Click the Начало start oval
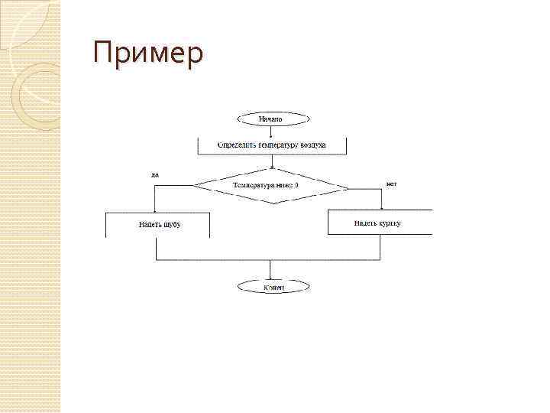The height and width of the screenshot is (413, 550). click(x=273, y=119)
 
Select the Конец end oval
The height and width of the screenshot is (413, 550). click(x=273, y=287)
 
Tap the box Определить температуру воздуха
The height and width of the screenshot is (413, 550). click(x=272, y=145)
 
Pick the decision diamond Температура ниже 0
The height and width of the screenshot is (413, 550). click(x=270, y=186)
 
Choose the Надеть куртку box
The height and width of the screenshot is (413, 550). click(x=380, y=223)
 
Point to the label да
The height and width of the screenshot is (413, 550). click(x=155, y=174)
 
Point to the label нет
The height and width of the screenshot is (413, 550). click(x=391, y=184)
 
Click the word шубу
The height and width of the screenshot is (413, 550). click(x=171, y=225)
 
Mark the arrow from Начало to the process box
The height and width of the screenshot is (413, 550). click(x=273, y=132)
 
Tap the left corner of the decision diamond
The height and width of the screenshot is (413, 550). click(x=195, y=186)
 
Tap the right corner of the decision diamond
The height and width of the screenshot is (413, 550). click(x=348, y=186)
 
